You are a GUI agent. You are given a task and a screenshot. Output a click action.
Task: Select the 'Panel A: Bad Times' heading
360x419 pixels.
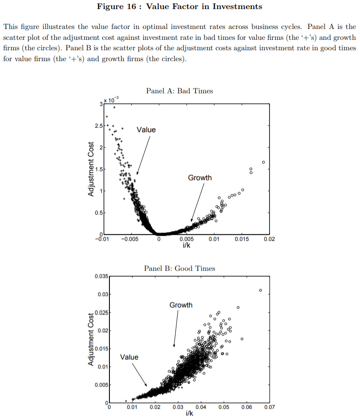pyautogui.click(x=180, y=91)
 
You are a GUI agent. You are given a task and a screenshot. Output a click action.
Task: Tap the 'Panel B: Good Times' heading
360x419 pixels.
pyautogui.click(x=180, y=268)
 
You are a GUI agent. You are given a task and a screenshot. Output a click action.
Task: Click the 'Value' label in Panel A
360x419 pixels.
pyautogui.click(x=146, y=130)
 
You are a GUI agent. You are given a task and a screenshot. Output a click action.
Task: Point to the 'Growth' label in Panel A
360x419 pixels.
pyautogui.click(x=199, y=178)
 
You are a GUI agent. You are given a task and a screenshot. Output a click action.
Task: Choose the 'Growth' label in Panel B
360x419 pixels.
pyautogui.click(x=181, y=305)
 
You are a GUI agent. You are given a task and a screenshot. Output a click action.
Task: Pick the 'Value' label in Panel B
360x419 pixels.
pyautogui.click(x=129, y=357)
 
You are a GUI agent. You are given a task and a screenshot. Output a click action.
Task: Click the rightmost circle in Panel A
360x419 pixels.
pyautogui.click(x=263, y=162)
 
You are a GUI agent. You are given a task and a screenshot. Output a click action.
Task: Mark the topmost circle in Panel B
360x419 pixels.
pyautogui.click(x=261, y=290)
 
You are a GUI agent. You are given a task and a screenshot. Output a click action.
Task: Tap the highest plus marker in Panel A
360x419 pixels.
pyautogui.click(x=114, y=108)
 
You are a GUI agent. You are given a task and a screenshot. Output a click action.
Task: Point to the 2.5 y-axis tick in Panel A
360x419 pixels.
pyautogui.click(x=98, y=125)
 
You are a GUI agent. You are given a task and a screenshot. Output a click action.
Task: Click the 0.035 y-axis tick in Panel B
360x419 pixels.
pyautogui.click(x=101, y=276)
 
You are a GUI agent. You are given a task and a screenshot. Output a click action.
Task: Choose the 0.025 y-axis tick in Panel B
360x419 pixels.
pyautogui.click(x=101, y=313)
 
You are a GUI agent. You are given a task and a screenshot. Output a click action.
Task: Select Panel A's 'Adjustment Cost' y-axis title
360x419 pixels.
pyautogui.click(x=90, y=169)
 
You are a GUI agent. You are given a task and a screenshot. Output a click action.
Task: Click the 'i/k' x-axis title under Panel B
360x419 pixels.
pyautogui.click(x=189, y=414)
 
